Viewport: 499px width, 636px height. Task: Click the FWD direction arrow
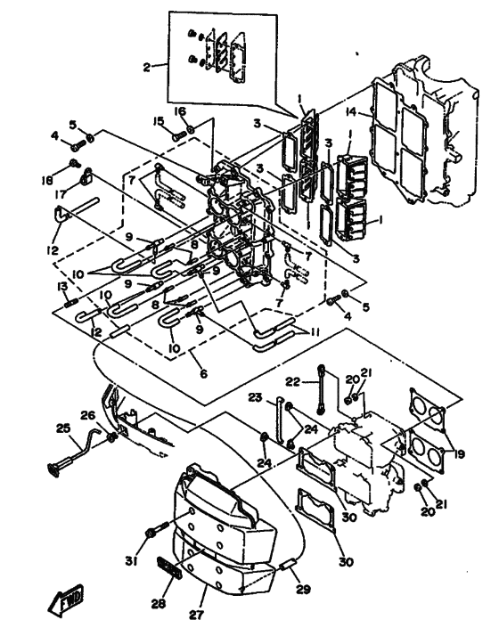[x=66, y=599]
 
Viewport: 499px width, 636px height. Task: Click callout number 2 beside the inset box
[x=146, y=68]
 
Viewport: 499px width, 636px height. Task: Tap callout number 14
[x=351, y=111]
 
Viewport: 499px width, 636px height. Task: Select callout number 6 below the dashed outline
[x=204, y=373]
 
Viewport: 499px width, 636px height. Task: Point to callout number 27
[x=195, y=615]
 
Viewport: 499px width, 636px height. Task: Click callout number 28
[x=159, y=604]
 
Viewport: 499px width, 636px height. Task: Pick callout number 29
[x=303, y=589]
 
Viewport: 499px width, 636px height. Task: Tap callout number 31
[x=131, y=561]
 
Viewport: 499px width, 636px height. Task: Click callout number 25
[x=63, y=428]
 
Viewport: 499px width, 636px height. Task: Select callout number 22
[x=292, y=381]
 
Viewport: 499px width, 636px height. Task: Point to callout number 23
[x=255, y=397]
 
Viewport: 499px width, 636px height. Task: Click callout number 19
[x=459, y=454]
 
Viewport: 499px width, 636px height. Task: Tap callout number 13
[x=62, y=287]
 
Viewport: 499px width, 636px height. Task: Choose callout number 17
[x=61, y=195]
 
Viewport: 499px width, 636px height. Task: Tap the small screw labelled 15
[x=179, y=136]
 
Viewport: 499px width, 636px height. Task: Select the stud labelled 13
[x=70, y=303]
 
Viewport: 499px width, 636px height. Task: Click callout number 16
[x=181, y=111]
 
